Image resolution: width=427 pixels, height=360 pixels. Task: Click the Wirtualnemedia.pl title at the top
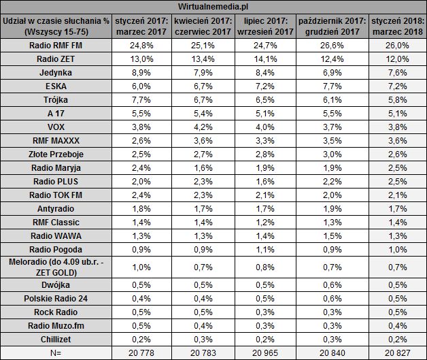pyautogui.click(x=213, y=7)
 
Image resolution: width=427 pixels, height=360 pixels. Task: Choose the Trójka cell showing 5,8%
pyautogui.click(x=397, y=100)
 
